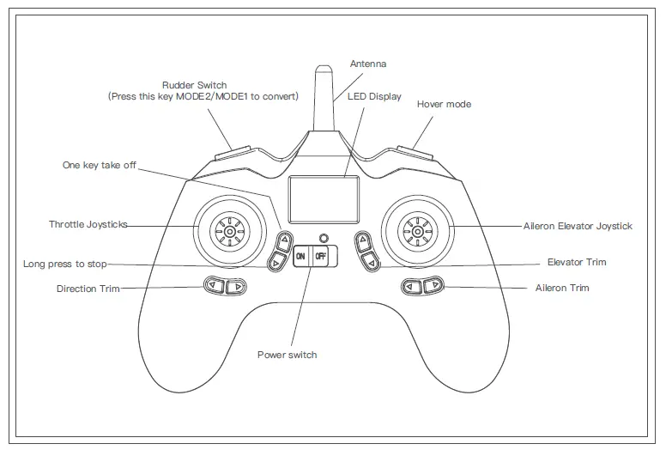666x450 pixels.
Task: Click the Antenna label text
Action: click(x=368, y=64)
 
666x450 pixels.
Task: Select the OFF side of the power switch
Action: click(x=320, y=256)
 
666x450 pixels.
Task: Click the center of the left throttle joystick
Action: click(x=229, y=229)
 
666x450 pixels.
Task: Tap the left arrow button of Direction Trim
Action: click(x=213, y=287)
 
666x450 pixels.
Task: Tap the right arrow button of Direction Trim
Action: click(x=235, y=287)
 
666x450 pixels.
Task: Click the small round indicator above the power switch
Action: click(x=323, y=238)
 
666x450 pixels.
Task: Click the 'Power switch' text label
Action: click(x=287, y=355)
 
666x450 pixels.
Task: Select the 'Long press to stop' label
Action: click(x=65, y=264)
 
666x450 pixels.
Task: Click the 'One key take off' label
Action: click(x=100, y=165)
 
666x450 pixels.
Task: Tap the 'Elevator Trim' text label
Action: click(x=576, y=262)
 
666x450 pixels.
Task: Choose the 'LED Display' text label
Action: click(x=374, y=97)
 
